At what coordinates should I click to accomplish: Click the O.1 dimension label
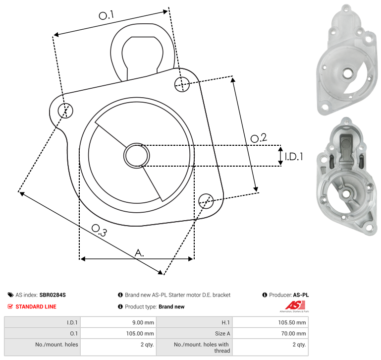(x=106, y=15)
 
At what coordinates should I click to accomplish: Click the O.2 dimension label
(x=259, y=138)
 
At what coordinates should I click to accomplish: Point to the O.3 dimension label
(x=99, y=230)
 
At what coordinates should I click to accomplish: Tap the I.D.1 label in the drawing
(x=294, y=157)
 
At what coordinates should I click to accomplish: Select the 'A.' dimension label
(x=139, y=253)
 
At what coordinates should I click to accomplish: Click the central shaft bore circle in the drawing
(x=137, y=156)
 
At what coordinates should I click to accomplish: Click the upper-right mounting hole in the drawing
(x=182, y=84)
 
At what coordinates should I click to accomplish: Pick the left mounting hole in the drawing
(x=65, y=111)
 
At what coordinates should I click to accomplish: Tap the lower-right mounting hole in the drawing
(x=206, y=201)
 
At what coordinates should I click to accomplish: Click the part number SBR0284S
(x=53, y=295)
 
